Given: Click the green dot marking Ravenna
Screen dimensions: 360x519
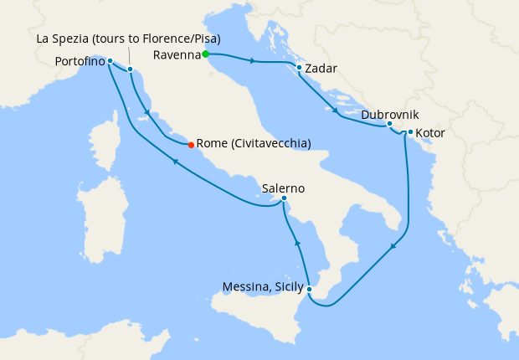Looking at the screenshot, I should (x=205, y=55).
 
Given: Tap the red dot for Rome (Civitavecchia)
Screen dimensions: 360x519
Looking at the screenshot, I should (x=191, y=144).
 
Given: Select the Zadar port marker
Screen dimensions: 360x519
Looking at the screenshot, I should (x=299, y=68).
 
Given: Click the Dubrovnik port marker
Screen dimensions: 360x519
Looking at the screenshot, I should (x=389, y=124).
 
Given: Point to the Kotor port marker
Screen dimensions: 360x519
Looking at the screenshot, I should (x=409, y=132).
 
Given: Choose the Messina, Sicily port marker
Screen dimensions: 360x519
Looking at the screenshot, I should (x=310, y=289).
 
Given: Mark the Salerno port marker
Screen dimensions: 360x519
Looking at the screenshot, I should (x=285, y=198).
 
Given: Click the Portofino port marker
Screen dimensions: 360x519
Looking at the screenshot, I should (x=110, y=61).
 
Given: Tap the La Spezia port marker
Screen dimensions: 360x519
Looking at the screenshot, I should (x=131, y=69).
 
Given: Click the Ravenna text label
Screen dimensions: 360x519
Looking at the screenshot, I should (x=177, y=55).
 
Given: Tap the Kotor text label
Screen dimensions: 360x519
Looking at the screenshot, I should (x=430, y=133).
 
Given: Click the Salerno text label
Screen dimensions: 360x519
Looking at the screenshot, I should (x=283, y=188).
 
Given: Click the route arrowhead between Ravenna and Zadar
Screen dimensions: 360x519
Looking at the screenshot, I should (x=252, y=60).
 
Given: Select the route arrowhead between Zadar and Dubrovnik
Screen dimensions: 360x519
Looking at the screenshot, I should (x=336, y=111).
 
